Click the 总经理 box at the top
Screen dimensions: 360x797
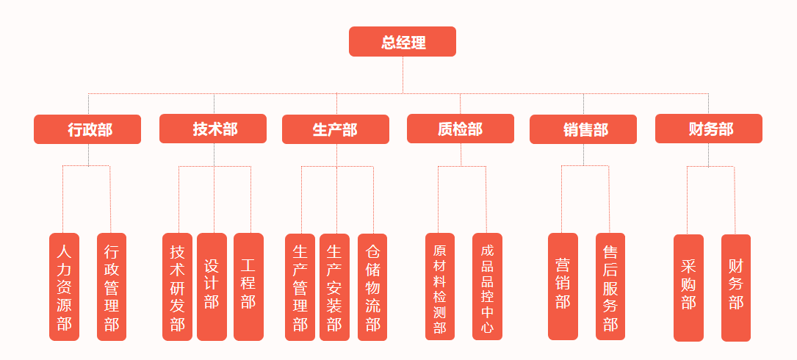click(403, 42)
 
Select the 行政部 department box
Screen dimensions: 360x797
click(87, 129)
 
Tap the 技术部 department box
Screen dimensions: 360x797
click(213, 129)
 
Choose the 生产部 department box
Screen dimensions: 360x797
click(336, 129)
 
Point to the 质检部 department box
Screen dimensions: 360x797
click(461, 129)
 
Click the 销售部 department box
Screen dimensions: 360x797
click(583, 129)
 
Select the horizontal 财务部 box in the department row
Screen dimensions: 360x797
click(708, 129)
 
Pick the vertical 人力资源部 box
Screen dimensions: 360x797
click(64, 287)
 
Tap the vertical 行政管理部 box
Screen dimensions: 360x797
click(112, 287)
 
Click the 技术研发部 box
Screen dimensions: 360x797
click(177, 287)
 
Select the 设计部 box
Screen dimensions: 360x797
click(212, 287)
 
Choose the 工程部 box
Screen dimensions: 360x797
click(248, 287)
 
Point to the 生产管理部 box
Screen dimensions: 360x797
click(300, 287)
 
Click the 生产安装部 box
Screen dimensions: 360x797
click(334, 287)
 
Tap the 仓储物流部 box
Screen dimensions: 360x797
click(372, 287)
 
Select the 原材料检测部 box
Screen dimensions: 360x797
click(440, 287)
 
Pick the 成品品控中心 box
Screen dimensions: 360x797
click(487, 287)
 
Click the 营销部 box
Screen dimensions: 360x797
click(563, 287)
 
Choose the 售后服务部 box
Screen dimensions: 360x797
click(610, 287)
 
